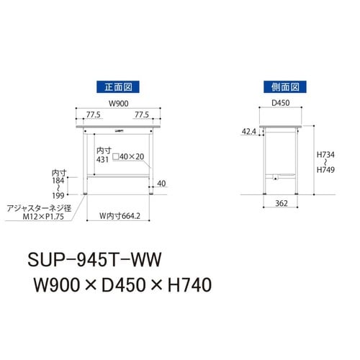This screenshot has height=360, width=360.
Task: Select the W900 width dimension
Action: [x=118, y=102]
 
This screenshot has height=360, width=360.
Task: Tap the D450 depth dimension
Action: [x=282, y=102]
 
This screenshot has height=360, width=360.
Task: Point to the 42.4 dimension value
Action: [x=248, y=132]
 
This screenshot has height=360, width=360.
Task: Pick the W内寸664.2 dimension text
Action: [x=120, y=213]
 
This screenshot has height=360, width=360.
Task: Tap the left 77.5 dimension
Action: [x=94, y=114]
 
